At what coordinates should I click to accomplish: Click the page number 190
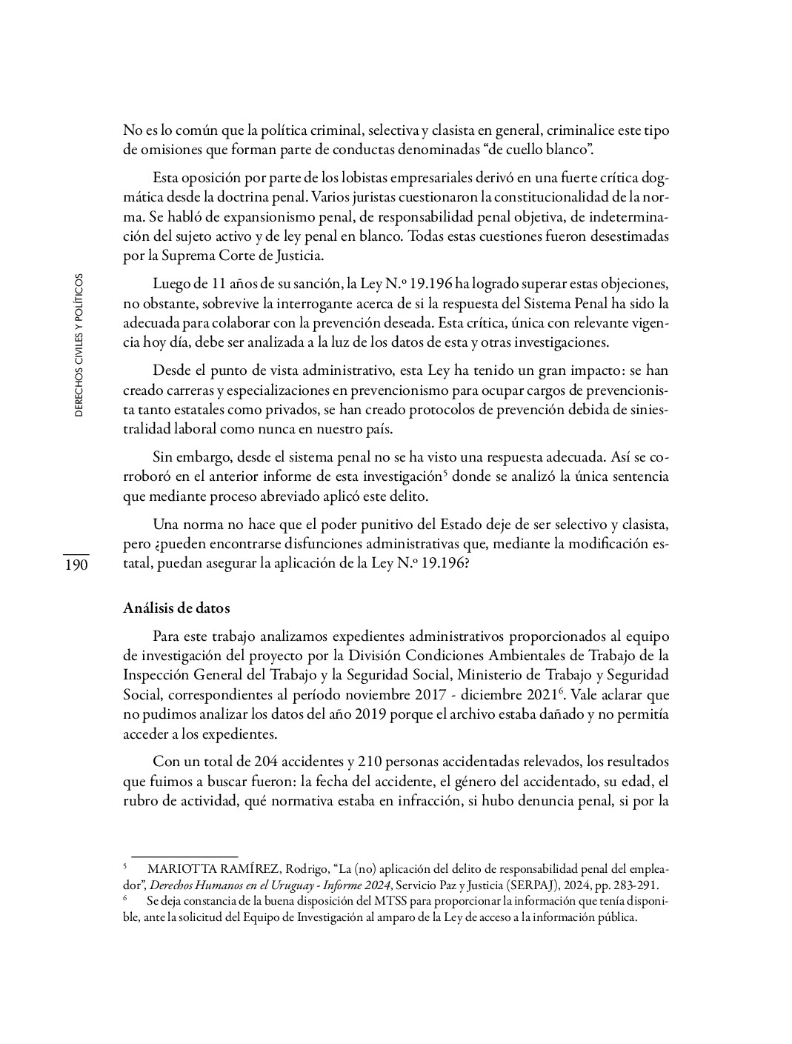pyautogui.click(x=76, y=565)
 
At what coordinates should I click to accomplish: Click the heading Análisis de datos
pyautogui.click(x=176, y=608)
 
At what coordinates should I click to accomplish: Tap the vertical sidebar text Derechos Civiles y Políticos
pyautogui.click(x=79, y=345)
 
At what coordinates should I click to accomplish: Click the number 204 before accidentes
pyautogui.click(x=266, y=762)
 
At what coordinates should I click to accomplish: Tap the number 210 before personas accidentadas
pyautogui.click(x=370, y=762)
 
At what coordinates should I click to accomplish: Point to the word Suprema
pyautogui.click(x=196, y=256)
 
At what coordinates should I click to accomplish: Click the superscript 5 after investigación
pyautogui.click(x=445, y=473)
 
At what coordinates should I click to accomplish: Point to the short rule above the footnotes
pyautogui.click(x=184, y=856)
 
